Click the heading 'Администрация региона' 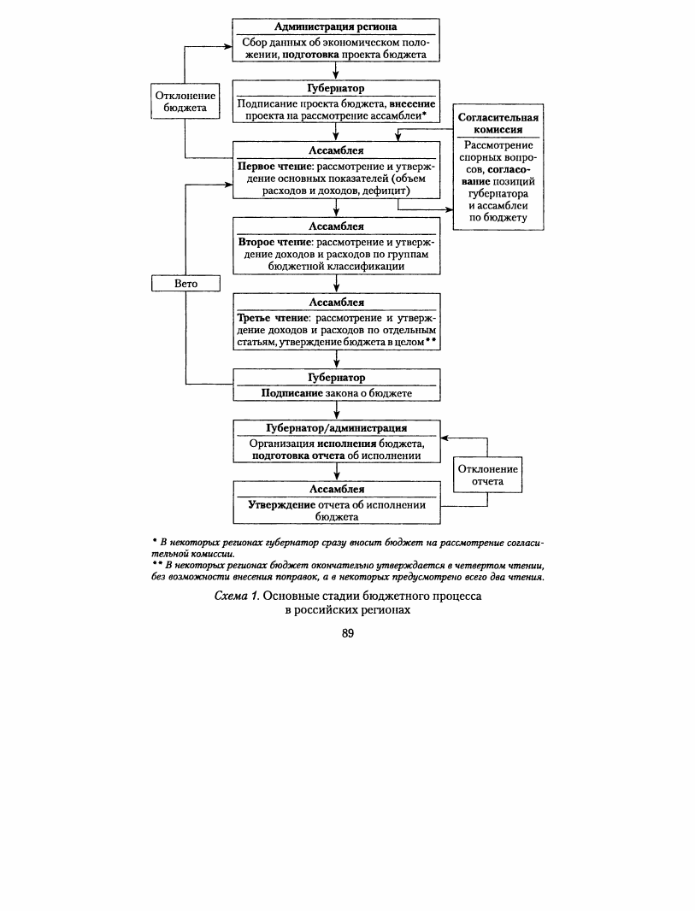[x=336, y=26]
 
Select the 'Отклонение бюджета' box [x=186, y=102]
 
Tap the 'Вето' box [x=186, y=284]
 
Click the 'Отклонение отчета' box [x=487, y=475]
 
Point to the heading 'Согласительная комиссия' [x=498, y=123]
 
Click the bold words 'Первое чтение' [x=275, y=166]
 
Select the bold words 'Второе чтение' [x=276, y=242]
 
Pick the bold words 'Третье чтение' [x=273, y=318]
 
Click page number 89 [x=348, y=633]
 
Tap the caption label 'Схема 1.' [x=237, y=597]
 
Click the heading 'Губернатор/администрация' [x=337, y=428]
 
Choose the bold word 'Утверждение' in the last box [x=282, y=505]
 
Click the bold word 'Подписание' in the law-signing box [x=292, y=393]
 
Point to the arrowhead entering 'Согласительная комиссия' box [x=450, y=209]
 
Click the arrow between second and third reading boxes [x=337, y=284]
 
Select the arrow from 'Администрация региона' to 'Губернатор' [x=336, y=70]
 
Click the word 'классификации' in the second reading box [x=364, y=267]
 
